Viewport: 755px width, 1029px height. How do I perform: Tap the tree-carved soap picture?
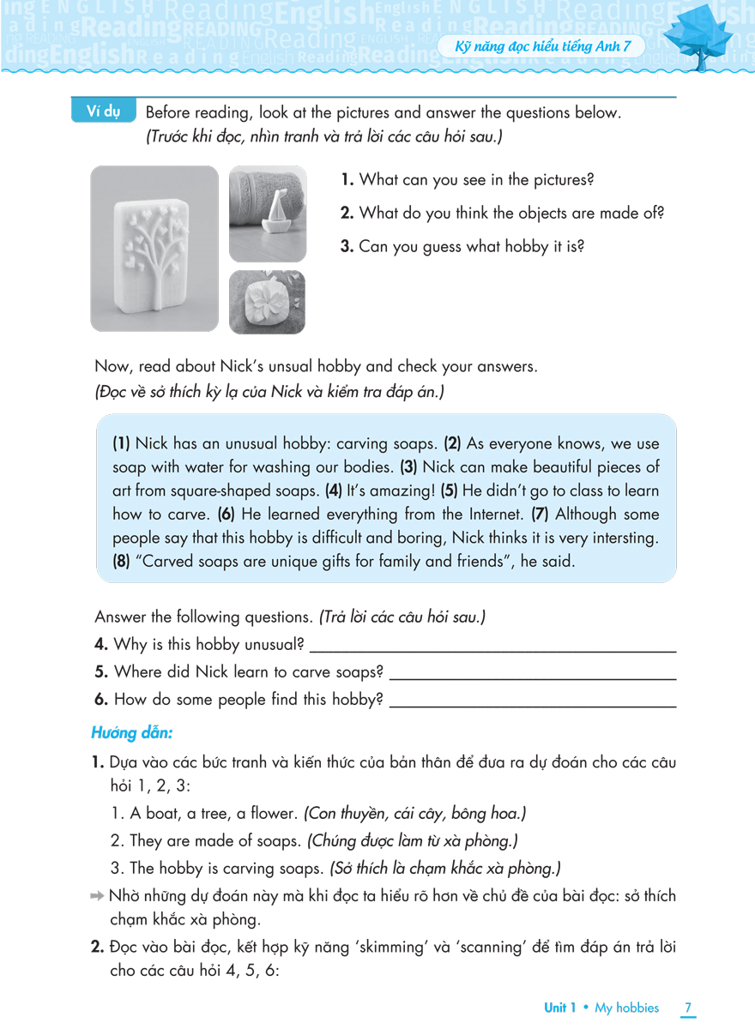pos(154,249)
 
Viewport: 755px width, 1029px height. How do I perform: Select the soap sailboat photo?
pos(268,214)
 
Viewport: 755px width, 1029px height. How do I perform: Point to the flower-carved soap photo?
pos(268,302)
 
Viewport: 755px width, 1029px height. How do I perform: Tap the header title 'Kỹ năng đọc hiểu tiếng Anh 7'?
pos(542,47)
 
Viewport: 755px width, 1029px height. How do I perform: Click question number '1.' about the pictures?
pos(347,180)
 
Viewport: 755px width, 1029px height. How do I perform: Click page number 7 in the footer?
pos(688,1008)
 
